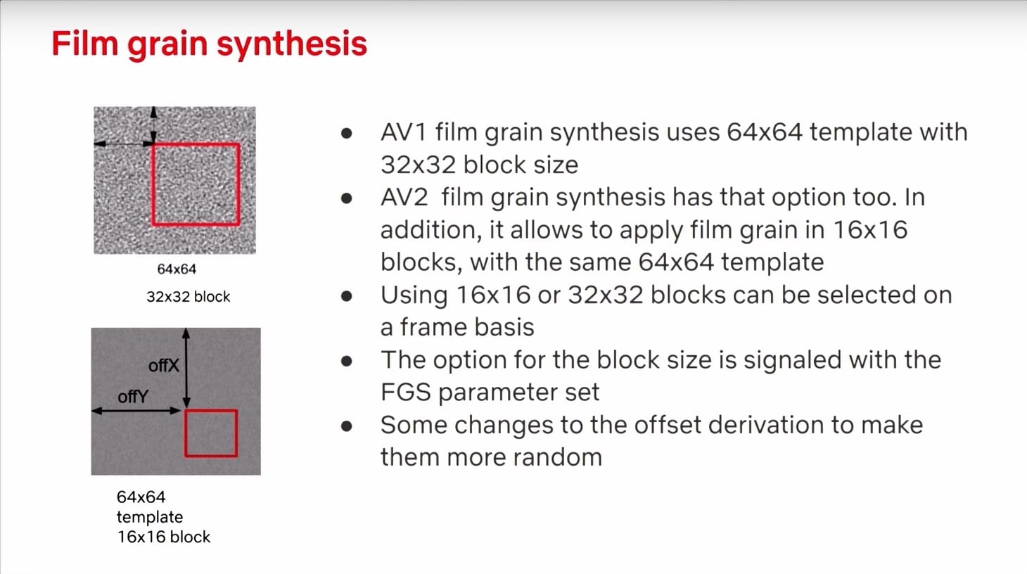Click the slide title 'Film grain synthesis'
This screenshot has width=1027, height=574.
click(210, 44)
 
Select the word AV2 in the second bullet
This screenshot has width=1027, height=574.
click(404, 197)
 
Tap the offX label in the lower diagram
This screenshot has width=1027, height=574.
click(164, 365)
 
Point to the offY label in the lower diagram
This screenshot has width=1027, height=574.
click(133, 397)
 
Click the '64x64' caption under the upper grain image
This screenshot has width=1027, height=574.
click(177, 269)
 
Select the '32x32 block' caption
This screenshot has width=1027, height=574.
click(188, 297)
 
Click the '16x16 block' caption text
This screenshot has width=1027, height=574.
click(164, 537)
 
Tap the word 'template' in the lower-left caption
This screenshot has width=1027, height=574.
click(150, 517)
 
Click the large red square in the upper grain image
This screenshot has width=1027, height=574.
click(152, 184)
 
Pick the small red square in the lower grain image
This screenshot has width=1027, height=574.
click(185, 434)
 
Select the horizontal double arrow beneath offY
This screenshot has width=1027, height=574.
click(136, 411)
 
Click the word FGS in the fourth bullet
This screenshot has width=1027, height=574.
click(406, 393)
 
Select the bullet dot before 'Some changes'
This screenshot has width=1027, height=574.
click(347, 426)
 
